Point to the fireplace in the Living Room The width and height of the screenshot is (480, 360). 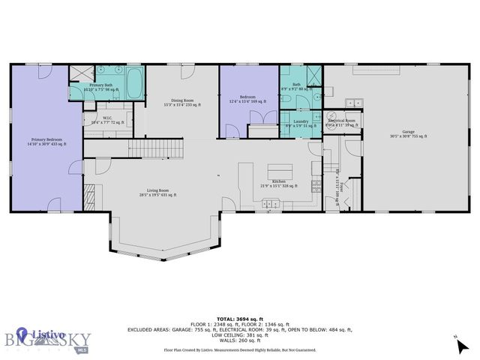89,197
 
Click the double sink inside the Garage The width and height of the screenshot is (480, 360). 352,103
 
